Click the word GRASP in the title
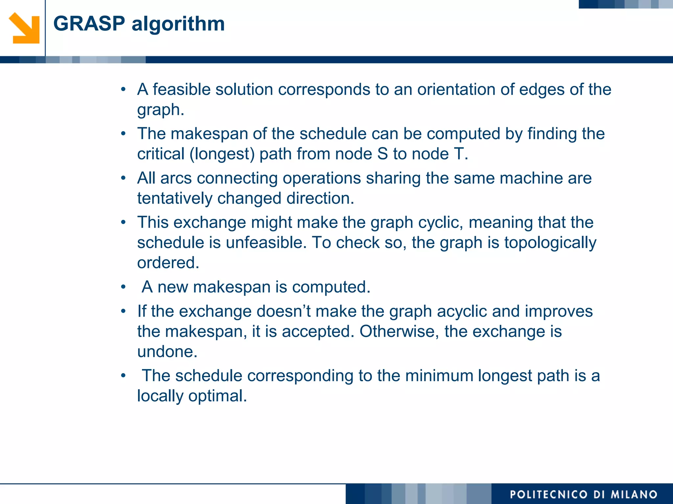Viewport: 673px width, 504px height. pos(89,24)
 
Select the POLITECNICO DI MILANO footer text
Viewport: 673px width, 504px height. pos(583,494)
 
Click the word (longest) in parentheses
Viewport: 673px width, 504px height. pos(222,154)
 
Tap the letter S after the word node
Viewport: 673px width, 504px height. pos(383,154)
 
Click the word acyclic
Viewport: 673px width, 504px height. pos(462,311)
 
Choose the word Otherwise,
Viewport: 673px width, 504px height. pos(399,331)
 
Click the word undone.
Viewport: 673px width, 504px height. pos(167,351)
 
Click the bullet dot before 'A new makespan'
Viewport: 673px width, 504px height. pos(123,287)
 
